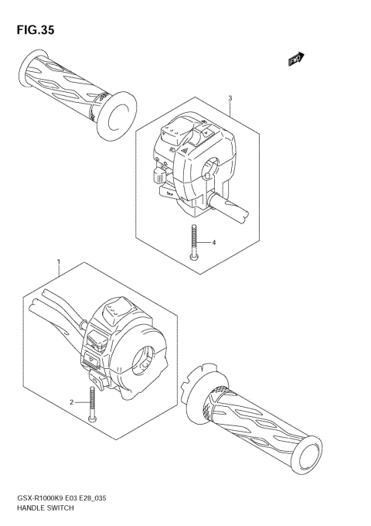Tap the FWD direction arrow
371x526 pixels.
click(x=295, y=59)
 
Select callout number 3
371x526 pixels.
click(x=230, y=98)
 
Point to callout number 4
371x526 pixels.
click(x=215, y=242)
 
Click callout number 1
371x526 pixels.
click(x=59, y=263)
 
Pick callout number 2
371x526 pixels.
click(x=71, y=402)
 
